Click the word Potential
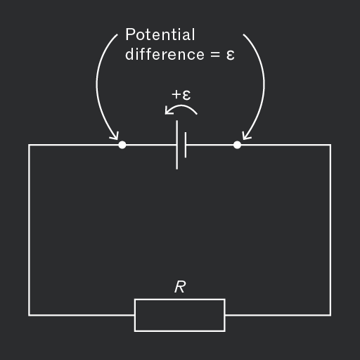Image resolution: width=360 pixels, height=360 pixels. coord(160,34)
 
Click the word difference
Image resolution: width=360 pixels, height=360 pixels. coord(165,54)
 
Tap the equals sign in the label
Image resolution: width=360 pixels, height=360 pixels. coord(215,55)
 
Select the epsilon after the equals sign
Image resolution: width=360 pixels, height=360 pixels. coord(231,56)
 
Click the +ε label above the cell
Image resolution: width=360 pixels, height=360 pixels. coord(181,95)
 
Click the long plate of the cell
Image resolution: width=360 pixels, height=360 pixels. coord(177,145)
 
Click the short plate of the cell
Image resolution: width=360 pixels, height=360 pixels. coord(186,145)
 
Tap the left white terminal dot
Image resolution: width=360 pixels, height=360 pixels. coord(122,145)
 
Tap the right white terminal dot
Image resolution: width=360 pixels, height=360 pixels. coord(237,145)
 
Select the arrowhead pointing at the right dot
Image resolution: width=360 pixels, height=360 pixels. coord(245,136)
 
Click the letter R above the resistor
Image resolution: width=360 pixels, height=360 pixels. coord(180,287)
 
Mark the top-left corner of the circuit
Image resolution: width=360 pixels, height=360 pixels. coord(29,145)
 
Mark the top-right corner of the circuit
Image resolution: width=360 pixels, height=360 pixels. coord(330,145)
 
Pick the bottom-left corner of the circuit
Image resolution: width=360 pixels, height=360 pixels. coord(29,315)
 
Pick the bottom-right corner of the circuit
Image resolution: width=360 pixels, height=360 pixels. coord(330,315)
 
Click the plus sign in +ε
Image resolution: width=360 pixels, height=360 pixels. coord(176,95)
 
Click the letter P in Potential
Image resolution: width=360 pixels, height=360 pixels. coord(131,34)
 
